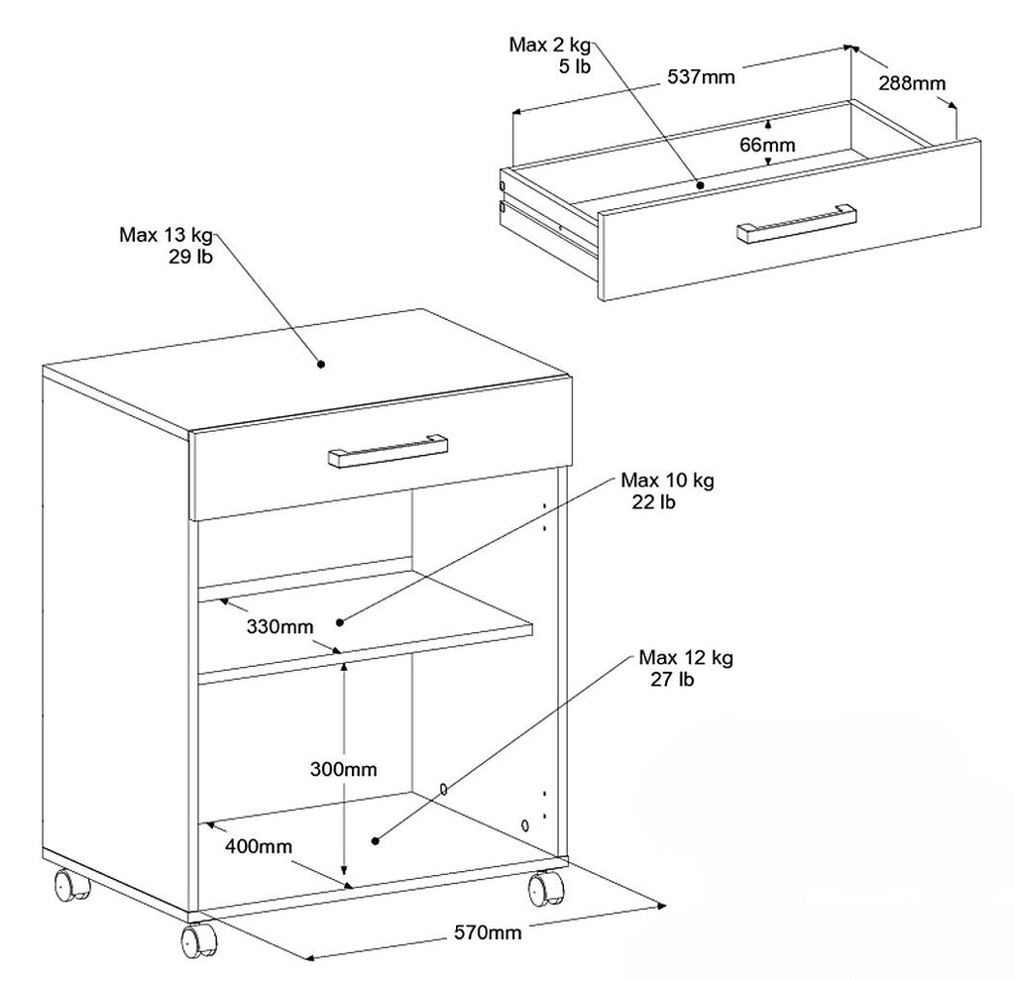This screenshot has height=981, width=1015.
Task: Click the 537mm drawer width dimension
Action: click(x=701, y=77)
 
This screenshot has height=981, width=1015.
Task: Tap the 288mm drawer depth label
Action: click(x=912, y=83)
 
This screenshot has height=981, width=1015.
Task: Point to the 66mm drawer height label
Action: click(x=767, y=145)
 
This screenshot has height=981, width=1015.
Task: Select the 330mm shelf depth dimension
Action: click(x=280, y=626)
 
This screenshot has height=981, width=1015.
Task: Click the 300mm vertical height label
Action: click(x=343, y=769)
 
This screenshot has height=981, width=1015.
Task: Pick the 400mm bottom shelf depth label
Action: click(x=259, y=846)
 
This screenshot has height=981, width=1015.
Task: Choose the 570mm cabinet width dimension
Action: click(x=488, y=932)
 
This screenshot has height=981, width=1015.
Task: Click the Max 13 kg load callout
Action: click(x=166, y=246)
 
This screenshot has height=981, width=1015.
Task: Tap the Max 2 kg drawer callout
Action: click(x=550, y=55)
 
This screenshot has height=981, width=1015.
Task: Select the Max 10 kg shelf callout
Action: click(x=667, y=490)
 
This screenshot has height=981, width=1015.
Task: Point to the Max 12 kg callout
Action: click(x=686, y=668)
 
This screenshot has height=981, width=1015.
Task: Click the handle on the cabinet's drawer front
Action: click(x=388, y=451)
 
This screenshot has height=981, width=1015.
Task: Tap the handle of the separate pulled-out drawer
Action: click(x=797, y=224)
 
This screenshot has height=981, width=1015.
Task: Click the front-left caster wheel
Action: click(x=198, y=940)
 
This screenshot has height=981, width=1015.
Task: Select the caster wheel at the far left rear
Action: click(x=71, y=885)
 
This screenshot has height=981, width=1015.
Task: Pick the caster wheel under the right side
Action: click(x=546, y=888)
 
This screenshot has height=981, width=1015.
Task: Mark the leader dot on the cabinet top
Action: click(x=320, y=364)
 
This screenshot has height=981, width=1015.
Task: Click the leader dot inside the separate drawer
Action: click(x=700, y=184)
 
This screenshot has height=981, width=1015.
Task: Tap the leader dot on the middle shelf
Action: click(x=340, y=622)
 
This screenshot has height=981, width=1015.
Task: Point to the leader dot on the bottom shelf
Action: click(x=376, y=840)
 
